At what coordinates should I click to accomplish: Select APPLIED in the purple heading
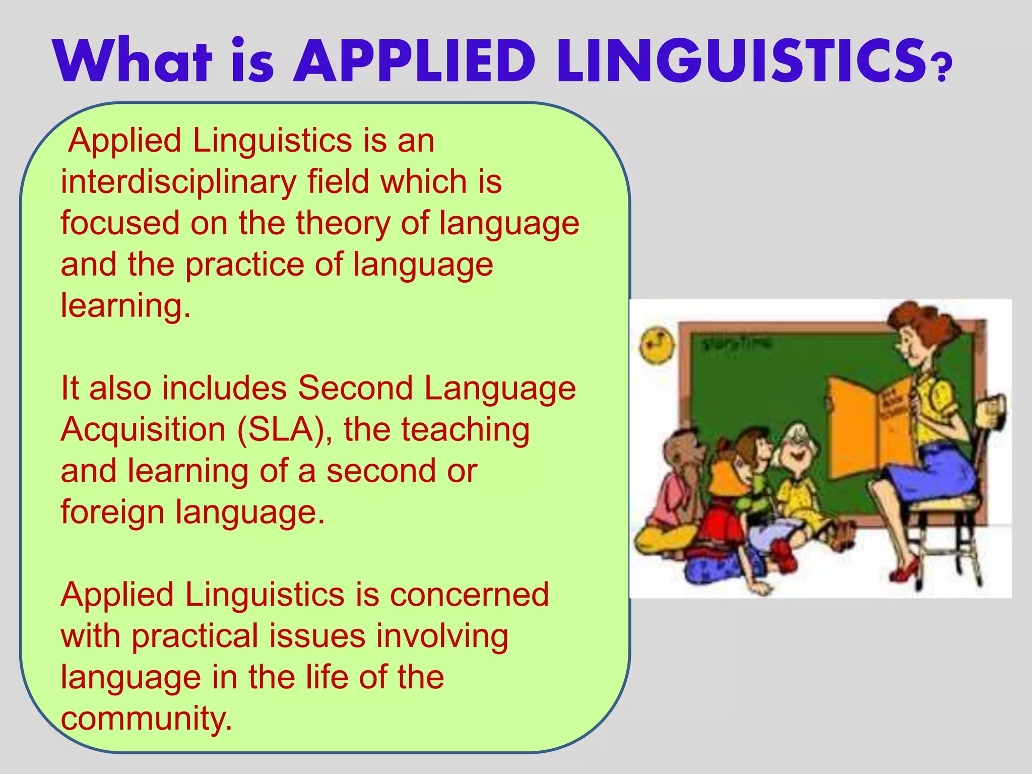pyautogui.click(x=414, y=61)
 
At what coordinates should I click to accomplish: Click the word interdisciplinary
pyautogui.click(x=179, y=182)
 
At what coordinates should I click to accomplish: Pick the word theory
pyautogui.click(x=343, y=223)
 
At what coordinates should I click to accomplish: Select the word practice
pyautogui.click(x=245, y=265)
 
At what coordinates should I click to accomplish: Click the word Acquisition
pyautogui.click(x=144, y=430)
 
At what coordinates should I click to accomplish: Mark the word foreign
pyautogui.click(x=113, y=512)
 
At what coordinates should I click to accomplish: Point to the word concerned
pyautogui.click(x=469, y=595)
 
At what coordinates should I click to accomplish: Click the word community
pyautogui.click(x=147, y=718)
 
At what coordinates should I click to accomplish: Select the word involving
pyautogui.click(x=443, y=636)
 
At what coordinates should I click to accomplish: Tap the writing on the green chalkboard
pyautogui.click(x=736, y=344)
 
